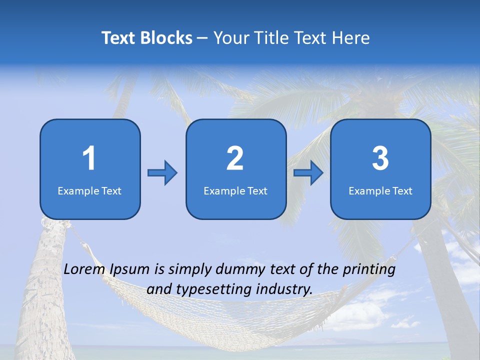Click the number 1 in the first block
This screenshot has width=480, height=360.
coord(89,158)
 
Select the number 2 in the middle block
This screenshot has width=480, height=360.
coord(235,158)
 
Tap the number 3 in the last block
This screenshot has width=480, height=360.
coord(380,158)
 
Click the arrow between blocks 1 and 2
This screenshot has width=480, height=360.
coord(162,173)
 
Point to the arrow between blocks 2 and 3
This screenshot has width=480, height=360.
coord(308,173)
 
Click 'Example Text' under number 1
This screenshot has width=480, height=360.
coord(89,191)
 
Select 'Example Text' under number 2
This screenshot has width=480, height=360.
coord(235,191)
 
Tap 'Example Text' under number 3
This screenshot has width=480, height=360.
coord(380,191)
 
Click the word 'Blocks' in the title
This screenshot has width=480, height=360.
coord(166,38)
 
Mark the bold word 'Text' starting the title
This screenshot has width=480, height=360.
coord(119,38)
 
